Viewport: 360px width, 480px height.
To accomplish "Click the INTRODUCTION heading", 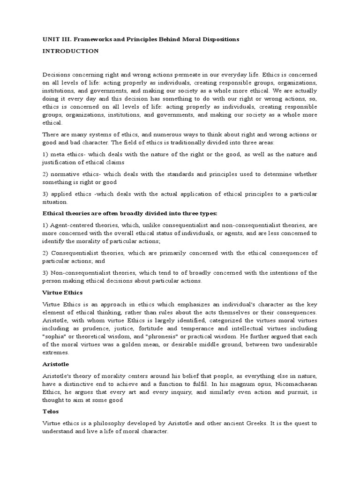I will [70, 51].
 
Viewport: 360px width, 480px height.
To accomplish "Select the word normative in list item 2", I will [65, 174].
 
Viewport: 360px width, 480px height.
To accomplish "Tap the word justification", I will [60, 162].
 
